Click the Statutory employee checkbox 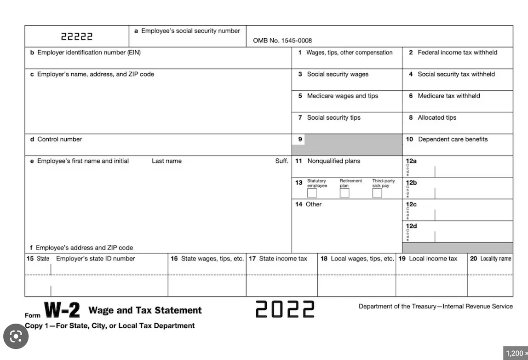[x=312, y=193]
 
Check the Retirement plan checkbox [x=344, y=193]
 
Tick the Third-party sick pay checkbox [x=377, y=193]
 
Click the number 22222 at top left [x=77, y=36]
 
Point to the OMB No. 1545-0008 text [x=282, y=41]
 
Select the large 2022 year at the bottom [x=285, y=309]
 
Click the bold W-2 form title [x=62, y=311]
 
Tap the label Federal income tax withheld [x=457, y=52]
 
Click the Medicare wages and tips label [x=342, y=96]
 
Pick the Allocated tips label [x=437, y=117]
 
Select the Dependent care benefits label [x=453, y=139]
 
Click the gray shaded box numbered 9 [x=353, y=145]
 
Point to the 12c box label [x=411, y=204]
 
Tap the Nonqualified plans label [x=333, y=161]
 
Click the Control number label [x=59, y=139]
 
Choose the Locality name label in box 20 [x=495, y=259]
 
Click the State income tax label [x=283, y=259]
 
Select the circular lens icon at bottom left [x=16, y=337]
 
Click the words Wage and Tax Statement [x=145, y=310]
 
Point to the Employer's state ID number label [x=95, y=259]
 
